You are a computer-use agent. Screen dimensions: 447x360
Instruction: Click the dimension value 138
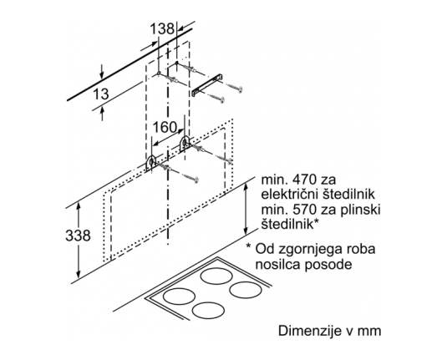coord(162,29)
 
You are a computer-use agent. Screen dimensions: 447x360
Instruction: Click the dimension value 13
coord(101,94)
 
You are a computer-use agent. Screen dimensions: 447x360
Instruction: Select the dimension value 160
coord(165,127)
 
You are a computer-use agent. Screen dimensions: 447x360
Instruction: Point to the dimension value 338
coord(78,236)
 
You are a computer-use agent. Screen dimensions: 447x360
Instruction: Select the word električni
coord(288,195)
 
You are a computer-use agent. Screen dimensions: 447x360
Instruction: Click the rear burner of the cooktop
coord(216,276)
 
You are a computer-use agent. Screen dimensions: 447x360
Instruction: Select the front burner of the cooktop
coord(208,311)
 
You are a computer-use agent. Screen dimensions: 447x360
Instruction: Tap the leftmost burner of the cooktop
coord(179,297)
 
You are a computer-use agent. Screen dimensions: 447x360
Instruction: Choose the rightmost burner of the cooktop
coord(246,290)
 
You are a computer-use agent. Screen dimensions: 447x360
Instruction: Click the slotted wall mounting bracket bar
coord(207,85)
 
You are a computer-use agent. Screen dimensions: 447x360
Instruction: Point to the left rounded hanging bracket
coord(150,163)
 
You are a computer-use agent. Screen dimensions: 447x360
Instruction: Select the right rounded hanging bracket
coord(185,144)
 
